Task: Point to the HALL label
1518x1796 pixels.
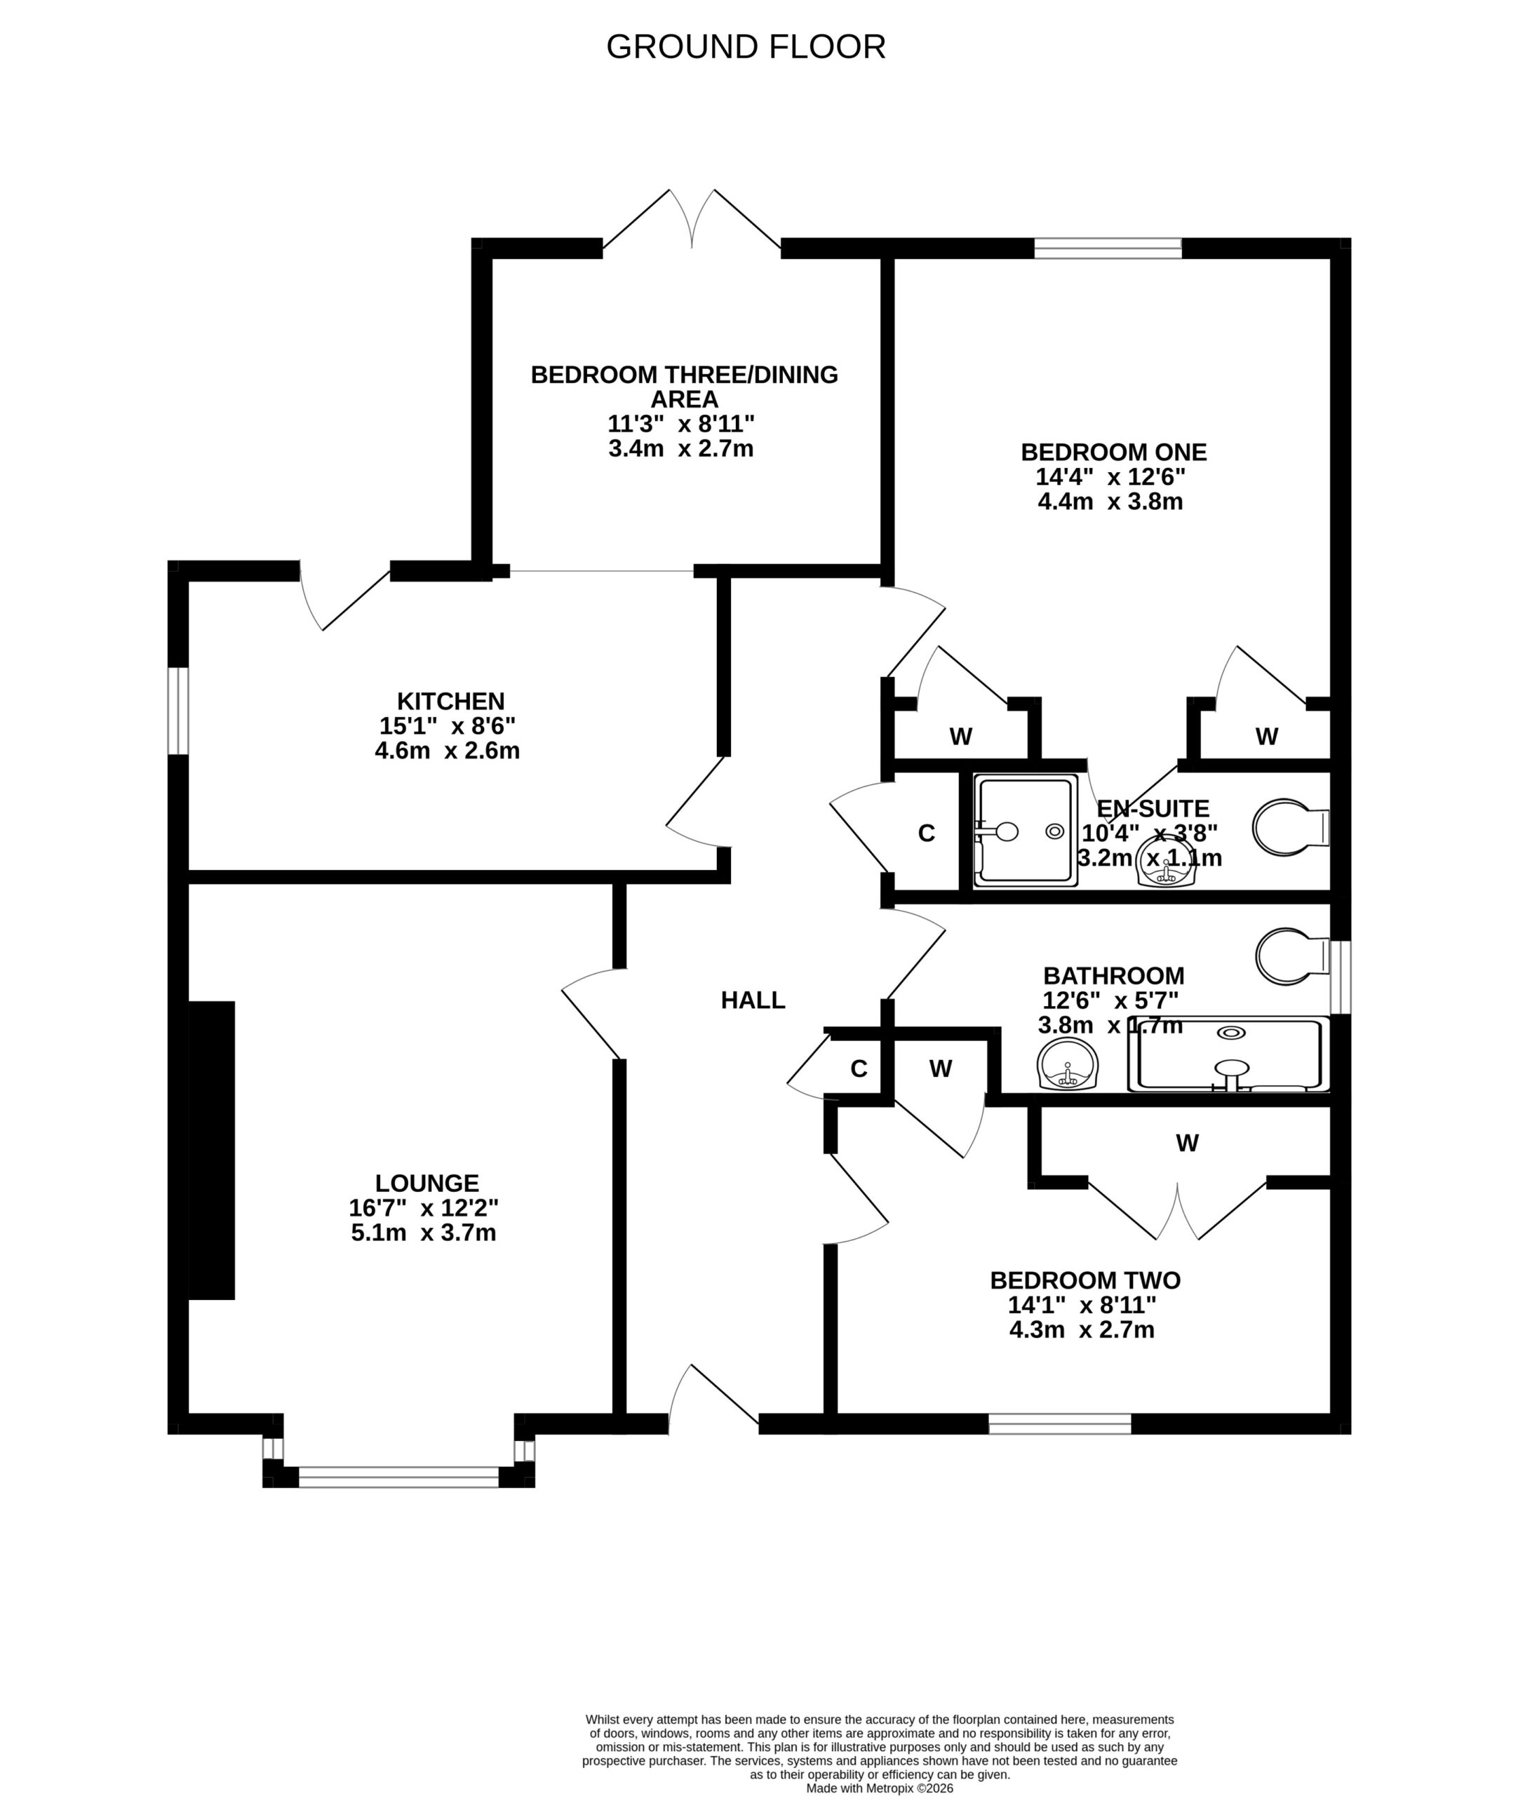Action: [753, 999]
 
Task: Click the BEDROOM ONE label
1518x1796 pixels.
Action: [1113, 452]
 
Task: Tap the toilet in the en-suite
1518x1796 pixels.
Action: [1291, 828]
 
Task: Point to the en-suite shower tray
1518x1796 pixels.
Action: [1025, 829]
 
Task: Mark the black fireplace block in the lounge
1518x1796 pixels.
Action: [212, 1150]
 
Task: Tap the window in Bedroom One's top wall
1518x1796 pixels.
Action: [1108, 248]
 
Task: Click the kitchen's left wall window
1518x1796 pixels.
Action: [178, 710]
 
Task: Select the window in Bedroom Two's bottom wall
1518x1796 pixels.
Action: [1059, 1423]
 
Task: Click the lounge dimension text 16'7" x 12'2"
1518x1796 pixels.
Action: [424, 1207]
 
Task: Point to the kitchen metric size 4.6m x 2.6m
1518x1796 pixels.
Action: [448, 751]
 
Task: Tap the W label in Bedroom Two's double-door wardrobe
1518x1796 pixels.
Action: [1188, 1143]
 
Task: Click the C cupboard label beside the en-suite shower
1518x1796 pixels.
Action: [927, 833]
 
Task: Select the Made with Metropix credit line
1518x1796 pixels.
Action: [880, 1788]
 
